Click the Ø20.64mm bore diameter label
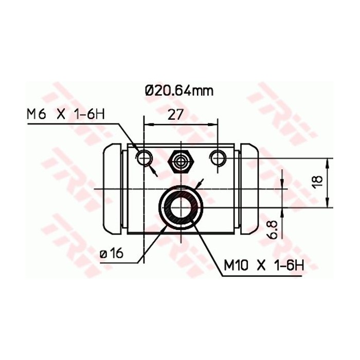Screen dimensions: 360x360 click(178, 91)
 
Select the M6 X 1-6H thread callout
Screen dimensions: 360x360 click(65, 114)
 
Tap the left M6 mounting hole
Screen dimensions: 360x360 click(143, 156)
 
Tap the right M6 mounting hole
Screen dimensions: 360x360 click(218, 156)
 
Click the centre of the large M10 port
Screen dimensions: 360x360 click(181, 207)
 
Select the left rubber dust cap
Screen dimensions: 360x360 click(113, 189)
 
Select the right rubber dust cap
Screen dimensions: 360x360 click(248, 189)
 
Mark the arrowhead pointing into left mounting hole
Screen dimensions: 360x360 click(153, 168)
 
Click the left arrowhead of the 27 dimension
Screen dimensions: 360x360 click(147, 124)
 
